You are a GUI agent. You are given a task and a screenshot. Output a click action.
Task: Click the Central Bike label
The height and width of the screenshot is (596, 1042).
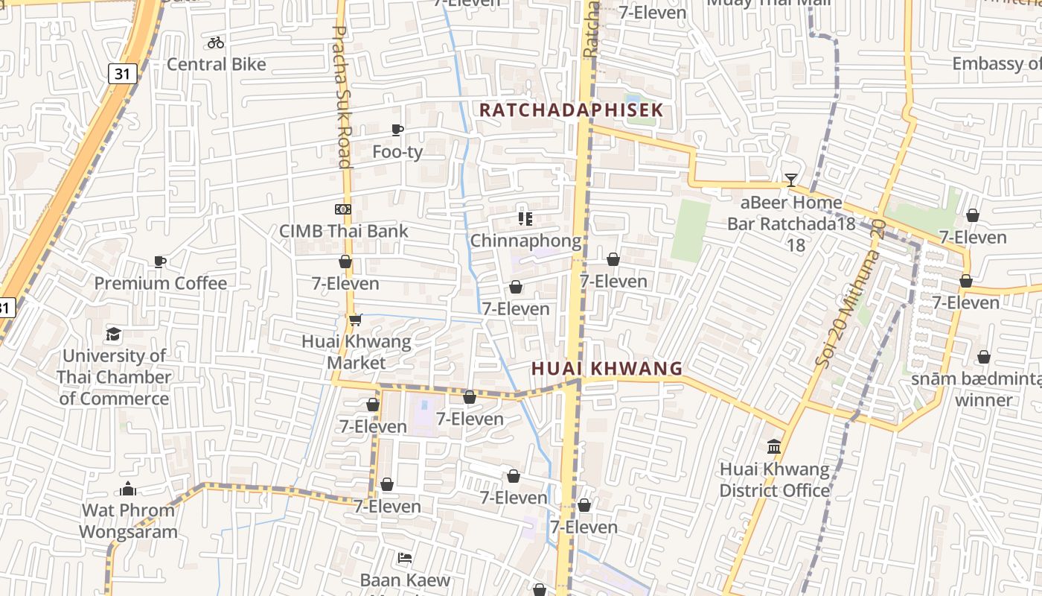216,64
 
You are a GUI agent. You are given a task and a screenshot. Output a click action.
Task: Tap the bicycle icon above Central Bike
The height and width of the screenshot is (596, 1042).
216,42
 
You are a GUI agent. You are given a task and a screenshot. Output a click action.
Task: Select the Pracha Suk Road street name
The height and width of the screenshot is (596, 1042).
341,97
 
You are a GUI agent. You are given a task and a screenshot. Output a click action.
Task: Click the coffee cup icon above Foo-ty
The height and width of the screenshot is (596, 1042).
397,130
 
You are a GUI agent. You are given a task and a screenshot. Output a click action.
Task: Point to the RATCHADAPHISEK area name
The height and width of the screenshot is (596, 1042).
571,110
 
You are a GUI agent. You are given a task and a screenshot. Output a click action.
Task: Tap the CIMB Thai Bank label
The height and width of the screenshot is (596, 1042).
343,231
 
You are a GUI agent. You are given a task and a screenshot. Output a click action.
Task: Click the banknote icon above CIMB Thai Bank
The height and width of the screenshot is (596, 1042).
343,209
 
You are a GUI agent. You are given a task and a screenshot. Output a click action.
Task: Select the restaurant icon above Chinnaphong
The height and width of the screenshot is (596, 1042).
525,218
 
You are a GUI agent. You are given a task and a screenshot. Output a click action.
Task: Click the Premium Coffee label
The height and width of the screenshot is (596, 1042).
160,283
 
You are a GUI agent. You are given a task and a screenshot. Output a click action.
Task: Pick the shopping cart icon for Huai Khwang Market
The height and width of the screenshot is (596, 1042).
355,320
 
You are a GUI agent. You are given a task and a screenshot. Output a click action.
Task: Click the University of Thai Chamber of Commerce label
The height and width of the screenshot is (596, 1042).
114,377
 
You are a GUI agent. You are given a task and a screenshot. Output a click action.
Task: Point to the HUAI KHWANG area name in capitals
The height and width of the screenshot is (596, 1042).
607,368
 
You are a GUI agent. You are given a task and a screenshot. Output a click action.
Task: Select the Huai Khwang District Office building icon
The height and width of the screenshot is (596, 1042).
774,447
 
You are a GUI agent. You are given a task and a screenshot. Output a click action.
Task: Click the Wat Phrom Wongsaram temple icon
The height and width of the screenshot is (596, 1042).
128,489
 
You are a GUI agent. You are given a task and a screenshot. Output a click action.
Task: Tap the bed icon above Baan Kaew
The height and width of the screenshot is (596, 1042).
405,557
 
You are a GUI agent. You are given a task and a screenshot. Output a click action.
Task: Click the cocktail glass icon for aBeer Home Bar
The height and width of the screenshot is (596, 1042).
790,180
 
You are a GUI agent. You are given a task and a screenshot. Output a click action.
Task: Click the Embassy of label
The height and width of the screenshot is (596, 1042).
997,63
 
